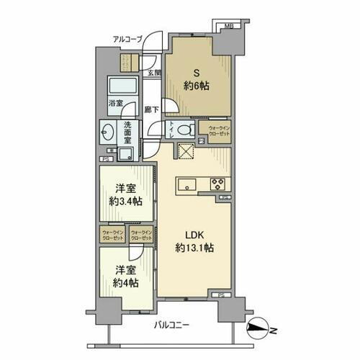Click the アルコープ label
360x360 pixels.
tap(127, 40)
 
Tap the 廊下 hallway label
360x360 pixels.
tap(151, 109)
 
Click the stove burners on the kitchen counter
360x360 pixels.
tap(217, 184)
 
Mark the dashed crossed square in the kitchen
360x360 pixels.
tap(186, 152)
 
